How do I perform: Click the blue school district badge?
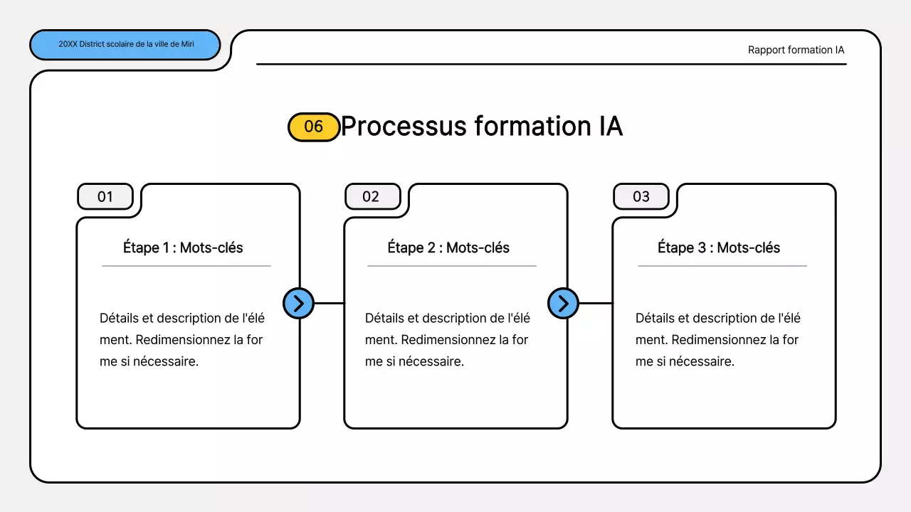pyautogui.click(x=125, y=44)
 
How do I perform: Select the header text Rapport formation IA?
pyautogui.click(x=796, y=50)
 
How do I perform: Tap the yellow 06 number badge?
pyautogui.click(x=313, y=127)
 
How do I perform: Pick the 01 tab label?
pyautogui.click(x=105, y=196)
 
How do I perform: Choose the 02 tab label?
pyautogui.click(x=372, y=196)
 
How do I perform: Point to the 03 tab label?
pyautogui.click(x=641, y=196)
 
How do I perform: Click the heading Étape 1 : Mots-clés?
pyautogui.click(x=183, y=247)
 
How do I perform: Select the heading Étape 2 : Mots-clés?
pyautogui.click(x=448, y=247)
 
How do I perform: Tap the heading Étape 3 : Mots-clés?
pyautogui.click(x=719, y=247)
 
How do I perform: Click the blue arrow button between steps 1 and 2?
pyautogui.click(x=298, y=304)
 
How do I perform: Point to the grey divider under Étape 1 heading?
pyautogui.click(x=186, y=266)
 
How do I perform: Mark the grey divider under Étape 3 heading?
pyautogui.click(x=722, y=266)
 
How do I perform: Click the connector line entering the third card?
pyautogui.click(x=596, y=304)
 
